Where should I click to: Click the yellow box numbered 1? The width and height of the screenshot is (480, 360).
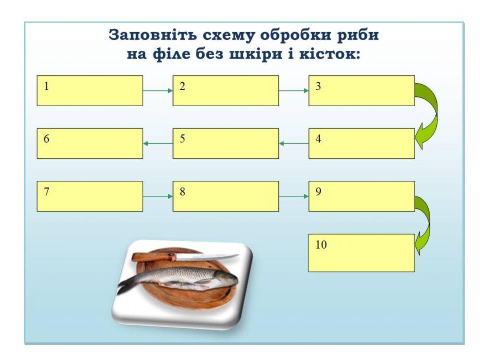tap(90, 90)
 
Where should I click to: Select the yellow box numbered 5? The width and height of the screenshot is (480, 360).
tap(226, 143)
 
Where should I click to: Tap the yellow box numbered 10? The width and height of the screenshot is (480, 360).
tap(361, 252)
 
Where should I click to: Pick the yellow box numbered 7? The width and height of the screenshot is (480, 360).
tap(90, 196)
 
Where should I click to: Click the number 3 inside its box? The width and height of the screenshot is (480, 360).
tap(318, 86)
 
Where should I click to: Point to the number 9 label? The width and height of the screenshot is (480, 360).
tap(318, 192)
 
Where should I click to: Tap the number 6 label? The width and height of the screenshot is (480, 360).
tap(47, 139)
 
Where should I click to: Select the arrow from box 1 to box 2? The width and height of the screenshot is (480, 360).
tap(157, 90)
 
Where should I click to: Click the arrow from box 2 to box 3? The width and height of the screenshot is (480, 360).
tap(293, 90)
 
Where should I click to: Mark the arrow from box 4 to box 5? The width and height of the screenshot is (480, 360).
tap(293, 143)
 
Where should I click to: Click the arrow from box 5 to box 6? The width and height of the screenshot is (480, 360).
tap(157, 143)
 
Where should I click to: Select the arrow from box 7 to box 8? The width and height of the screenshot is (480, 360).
tap(157, 196)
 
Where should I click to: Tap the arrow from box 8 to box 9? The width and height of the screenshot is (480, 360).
tap(293, 196)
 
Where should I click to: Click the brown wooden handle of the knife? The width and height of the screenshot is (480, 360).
tap(153, 257)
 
